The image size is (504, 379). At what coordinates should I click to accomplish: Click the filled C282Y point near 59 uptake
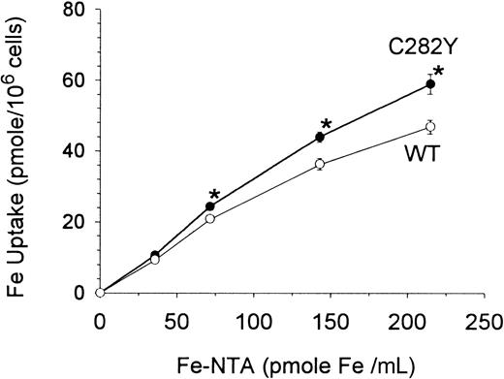tap(430, 84)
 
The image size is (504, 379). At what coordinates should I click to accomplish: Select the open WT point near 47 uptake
tap(430, 127)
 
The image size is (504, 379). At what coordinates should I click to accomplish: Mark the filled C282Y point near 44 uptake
tap(320, 138)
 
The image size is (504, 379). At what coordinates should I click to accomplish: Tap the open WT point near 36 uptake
tap(320, 165)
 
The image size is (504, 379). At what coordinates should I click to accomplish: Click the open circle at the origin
tap(100, 292)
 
